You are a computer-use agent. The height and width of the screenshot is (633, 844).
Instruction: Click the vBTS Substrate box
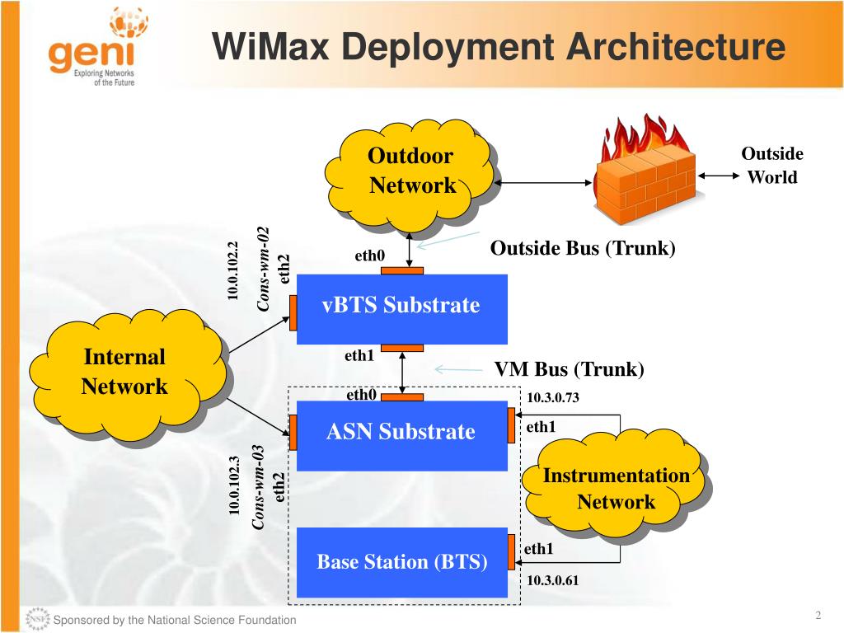[x=401, y=309]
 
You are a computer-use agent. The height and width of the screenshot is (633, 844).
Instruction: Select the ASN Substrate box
[x=401, y=435]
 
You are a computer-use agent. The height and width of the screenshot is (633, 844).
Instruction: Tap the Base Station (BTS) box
[x=401, y=562]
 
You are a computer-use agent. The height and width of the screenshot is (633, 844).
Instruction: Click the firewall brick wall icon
[x=645, y=169]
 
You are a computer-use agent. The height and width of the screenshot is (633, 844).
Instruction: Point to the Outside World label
[x=772, y=165]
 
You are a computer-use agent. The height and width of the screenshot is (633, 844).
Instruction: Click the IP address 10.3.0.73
[x=553, y=398]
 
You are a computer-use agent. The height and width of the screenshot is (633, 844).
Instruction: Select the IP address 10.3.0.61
[x=552, y=580]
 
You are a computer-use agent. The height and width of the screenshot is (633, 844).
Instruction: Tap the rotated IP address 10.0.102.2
[x=232, y=270]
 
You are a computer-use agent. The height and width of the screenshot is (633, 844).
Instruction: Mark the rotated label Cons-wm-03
[x=258, y=487]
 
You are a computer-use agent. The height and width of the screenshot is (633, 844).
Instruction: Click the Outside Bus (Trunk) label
[x=583, y=248]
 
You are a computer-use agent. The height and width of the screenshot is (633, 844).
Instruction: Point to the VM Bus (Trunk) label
[x=569, y=369]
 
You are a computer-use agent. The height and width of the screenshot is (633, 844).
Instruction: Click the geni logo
[x=98, y=46]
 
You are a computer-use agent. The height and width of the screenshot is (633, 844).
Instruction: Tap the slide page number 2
[x=818, y=615]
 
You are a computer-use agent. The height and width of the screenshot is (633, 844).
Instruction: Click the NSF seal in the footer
[x=37, y=619]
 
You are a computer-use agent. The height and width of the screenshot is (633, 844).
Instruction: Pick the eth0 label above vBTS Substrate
[x=370, y=256]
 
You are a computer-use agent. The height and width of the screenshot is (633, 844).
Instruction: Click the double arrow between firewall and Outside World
[x=719, y=176]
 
